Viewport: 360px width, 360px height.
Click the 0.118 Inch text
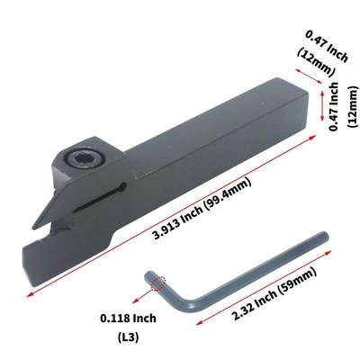[x=127, y=318]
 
